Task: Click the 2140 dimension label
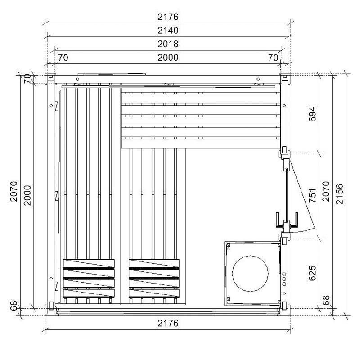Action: click(168, 30)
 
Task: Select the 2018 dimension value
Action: click(168, 44)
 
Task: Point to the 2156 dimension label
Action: click(339, 194)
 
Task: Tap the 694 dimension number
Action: click(312, 114)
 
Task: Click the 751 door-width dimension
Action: click(312, 195)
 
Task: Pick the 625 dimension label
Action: click(312, 273)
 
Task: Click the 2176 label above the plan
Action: click(168, 17)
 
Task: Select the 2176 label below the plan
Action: click(168, 323)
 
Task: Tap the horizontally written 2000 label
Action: click(168, 58)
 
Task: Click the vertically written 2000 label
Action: click(27, 195)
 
